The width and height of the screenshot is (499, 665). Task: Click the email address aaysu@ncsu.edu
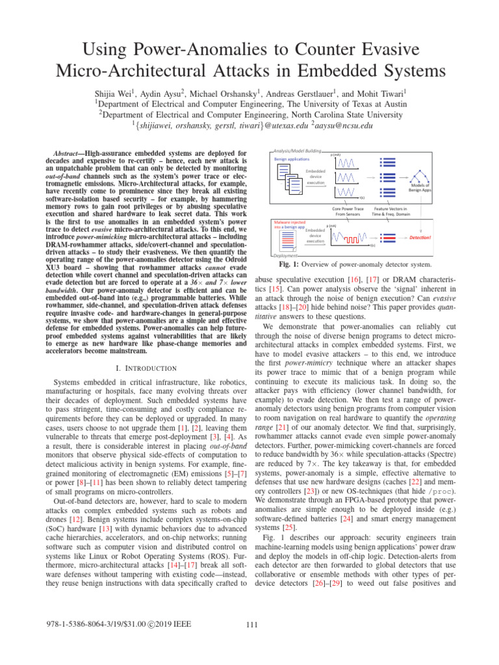point(340,125)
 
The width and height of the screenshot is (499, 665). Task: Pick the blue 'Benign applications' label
point(291,158)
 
